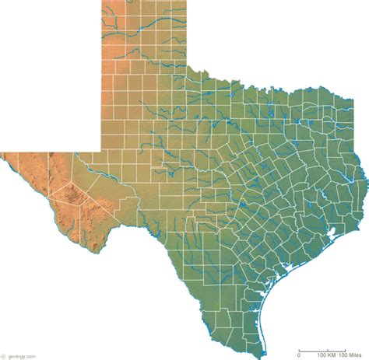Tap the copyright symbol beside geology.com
pyautogui.click(x=3, y=354)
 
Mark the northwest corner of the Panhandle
pyautogui.click(x=102, y=2)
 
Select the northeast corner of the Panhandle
pyautogui.click(x=186, y=2)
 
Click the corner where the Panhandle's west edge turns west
pyautogui.click(x=102, y=150)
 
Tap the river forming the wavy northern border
pyautogui.click(x=234, y=86)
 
